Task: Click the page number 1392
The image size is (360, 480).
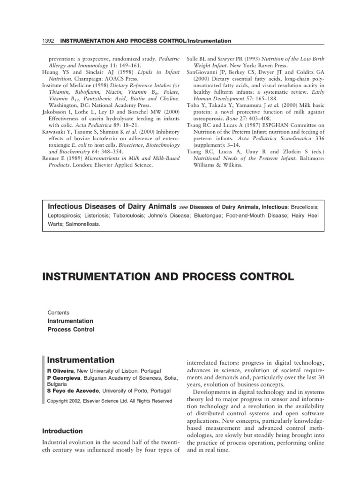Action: point(48,41)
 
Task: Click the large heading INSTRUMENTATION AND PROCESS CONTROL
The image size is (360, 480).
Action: point(168,277)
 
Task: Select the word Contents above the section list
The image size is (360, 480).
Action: point(59,312)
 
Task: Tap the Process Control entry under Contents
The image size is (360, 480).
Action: point(71,330)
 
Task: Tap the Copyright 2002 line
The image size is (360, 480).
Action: point(110,401)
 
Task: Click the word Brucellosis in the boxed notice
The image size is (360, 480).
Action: point(304,207)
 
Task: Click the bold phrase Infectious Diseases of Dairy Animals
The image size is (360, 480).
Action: point(112,207)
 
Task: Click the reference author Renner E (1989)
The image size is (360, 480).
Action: point(66,159)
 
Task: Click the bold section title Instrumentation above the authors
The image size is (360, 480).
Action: point(81,360)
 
